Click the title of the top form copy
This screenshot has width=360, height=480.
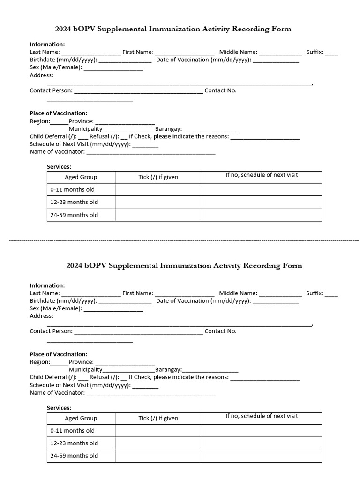point(173,29)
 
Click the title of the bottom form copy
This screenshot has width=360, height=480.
point(184,266)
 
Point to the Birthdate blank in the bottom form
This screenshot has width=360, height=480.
point(125,301)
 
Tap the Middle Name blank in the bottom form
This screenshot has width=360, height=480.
point(280,294)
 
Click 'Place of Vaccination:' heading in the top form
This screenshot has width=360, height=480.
point(59,113)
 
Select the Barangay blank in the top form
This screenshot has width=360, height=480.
point(210,130)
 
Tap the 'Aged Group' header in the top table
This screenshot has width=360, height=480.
point(81,177)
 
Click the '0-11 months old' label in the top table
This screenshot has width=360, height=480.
point(73,190)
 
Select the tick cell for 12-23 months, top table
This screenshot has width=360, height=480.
point(158,202)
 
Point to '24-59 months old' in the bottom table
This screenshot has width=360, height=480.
point(75,456)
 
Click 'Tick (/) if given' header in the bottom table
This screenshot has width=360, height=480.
point(158,418)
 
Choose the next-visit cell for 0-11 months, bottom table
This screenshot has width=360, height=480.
point(262,431)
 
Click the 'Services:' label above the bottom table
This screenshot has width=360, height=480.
point(59,408)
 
